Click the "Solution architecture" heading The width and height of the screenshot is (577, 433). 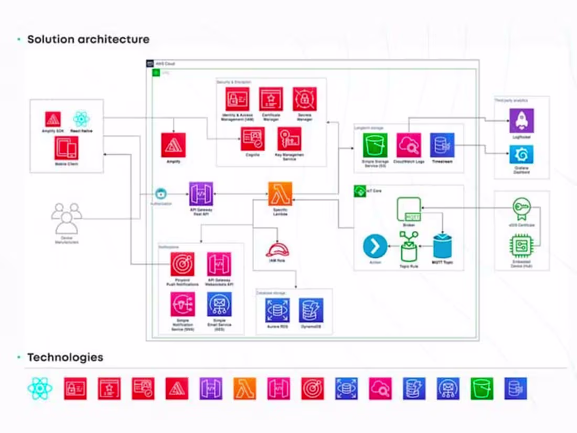[88, 39]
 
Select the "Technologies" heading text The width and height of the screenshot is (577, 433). [65, 357]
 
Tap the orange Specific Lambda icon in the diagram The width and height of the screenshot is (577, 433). [280, 194]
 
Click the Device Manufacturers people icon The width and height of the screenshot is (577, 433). [67, 218]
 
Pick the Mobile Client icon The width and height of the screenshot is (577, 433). [67, 148]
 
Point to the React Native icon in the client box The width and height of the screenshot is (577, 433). [81, 119]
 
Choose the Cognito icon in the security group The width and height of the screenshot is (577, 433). [252, 139]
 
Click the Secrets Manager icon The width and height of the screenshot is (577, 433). [304, 99]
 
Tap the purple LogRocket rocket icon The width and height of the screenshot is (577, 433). [521, 121]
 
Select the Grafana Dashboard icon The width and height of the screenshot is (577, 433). [521, 155]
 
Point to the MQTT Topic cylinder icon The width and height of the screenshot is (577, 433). [442, 246]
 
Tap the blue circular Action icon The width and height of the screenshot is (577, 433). [375, 246]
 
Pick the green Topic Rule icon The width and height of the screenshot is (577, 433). [409, 246]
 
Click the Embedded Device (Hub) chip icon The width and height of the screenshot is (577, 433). [521, 246]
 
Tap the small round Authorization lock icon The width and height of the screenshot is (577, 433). [161, 194]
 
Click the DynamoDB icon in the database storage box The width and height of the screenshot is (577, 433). [311, 310]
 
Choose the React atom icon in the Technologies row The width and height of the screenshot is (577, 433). [40, 389]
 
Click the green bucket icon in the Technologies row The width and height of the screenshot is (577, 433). [482, 389]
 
